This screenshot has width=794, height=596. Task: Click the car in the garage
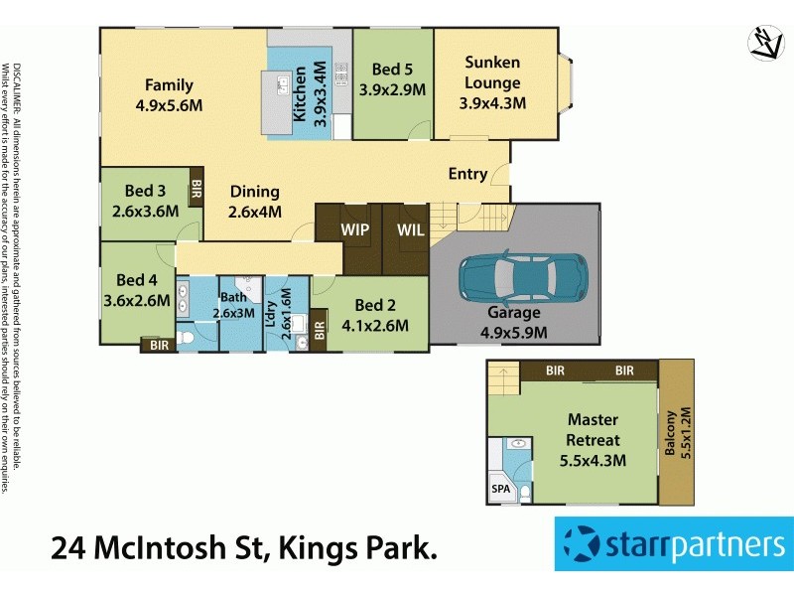523,278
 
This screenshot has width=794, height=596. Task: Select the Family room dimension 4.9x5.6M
169,102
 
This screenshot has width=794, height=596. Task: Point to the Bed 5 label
392,70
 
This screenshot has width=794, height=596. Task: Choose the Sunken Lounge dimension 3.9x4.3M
492,102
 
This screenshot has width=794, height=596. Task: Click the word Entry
467,174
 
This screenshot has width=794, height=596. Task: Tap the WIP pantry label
355,230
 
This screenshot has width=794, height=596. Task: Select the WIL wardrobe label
410,230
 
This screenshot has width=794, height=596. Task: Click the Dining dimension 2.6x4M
255,211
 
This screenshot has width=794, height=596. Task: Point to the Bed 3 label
145,191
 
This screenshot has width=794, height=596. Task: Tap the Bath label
233,297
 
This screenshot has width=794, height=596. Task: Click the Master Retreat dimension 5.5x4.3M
594,461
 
